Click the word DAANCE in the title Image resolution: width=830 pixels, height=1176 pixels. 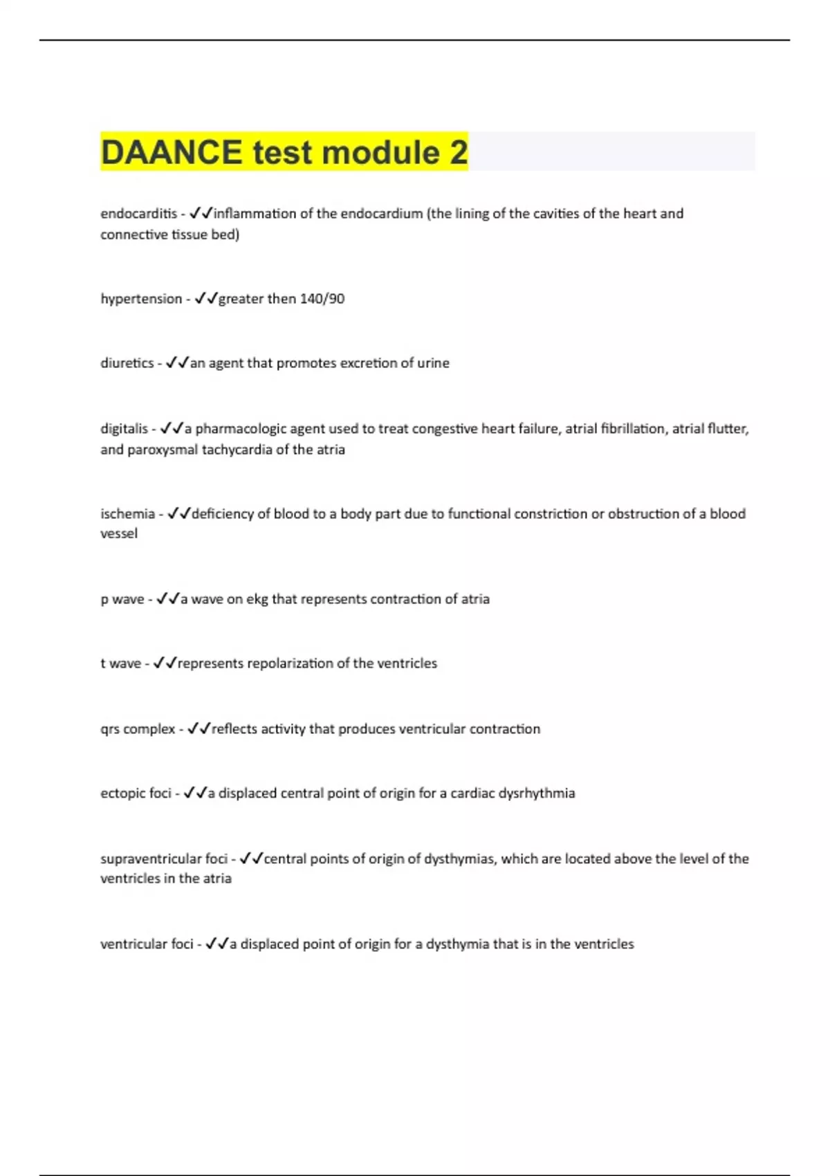172,152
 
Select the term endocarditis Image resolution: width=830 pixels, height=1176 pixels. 138,214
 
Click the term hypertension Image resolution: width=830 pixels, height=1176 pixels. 141,299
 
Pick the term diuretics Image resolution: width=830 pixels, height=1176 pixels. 127,363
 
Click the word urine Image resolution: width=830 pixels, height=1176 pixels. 433,363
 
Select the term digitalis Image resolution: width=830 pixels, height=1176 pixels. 124,429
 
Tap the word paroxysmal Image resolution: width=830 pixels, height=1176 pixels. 163,450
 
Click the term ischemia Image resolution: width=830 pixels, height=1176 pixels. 128,514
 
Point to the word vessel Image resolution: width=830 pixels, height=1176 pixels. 119,533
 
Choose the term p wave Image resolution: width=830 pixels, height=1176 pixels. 122,599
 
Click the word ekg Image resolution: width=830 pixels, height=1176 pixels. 257,599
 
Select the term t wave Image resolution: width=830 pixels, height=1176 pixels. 121,663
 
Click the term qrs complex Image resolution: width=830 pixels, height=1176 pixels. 138,729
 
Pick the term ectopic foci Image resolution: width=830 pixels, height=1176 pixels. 136,793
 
